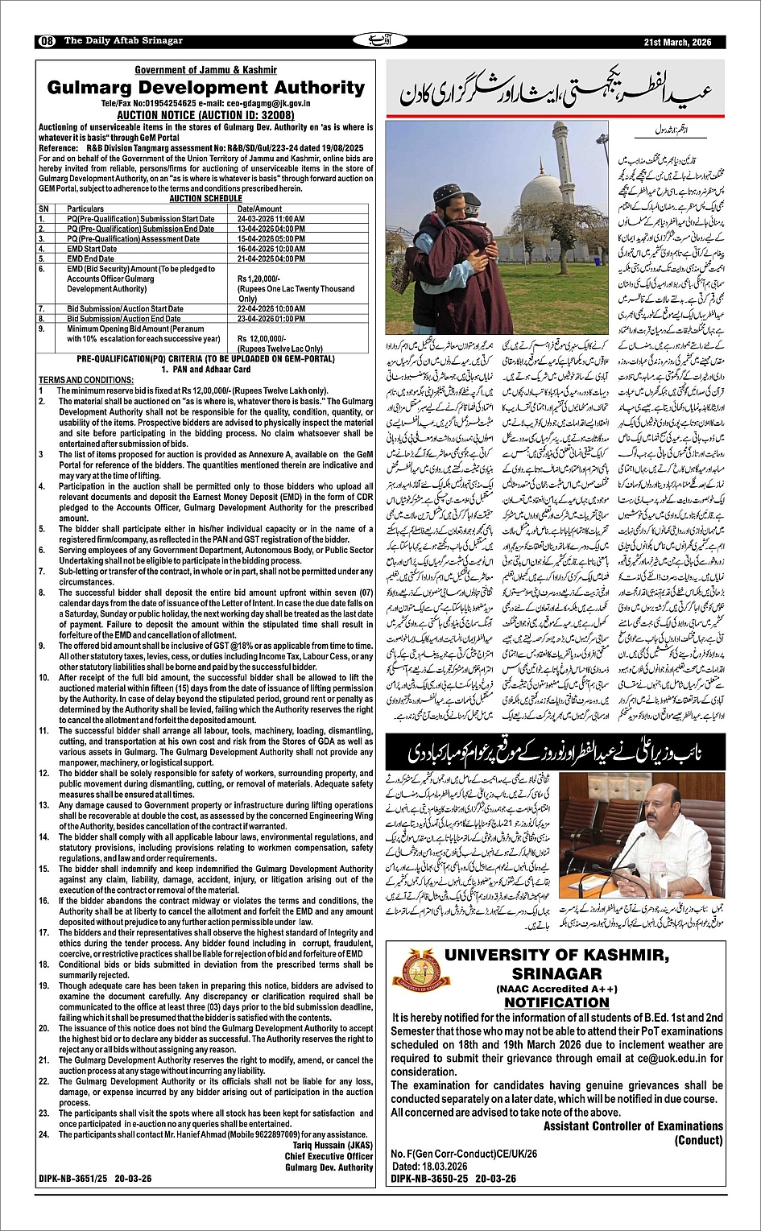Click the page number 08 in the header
46,41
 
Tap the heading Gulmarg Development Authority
205,88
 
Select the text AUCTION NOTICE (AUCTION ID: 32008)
205,115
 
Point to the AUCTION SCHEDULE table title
205,198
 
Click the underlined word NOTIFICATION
556,1002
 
